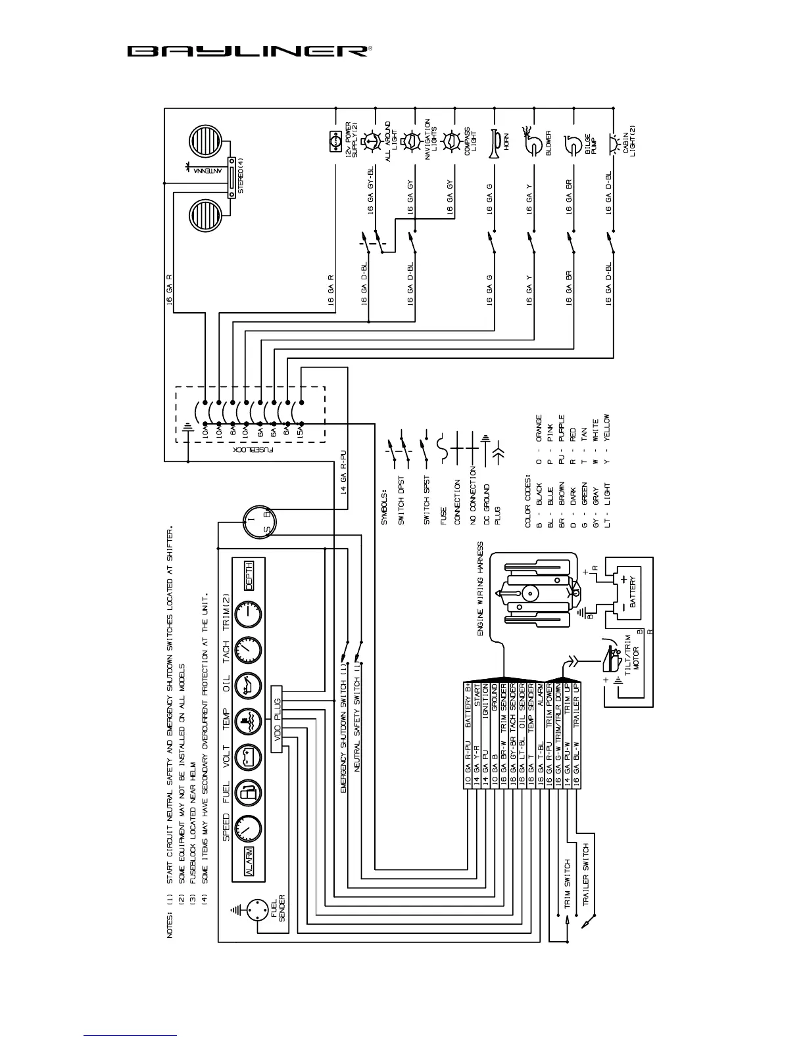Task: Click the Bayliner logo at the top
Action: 249,51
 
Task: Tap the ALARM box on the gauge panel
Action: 249,860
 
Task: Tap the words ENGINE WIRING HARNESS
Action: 481,589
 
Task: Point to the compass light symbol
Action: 451,141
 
